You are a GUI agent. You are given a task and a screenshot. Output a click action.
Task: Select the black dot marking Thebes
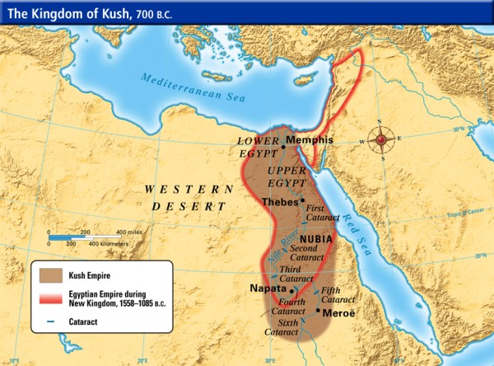click(303, 200)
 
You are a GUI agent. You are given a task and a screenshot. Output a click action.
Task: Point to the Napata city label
click(268, 289)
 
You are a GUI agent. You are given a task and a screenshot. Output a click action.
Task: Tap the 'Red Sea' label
click(363, 214)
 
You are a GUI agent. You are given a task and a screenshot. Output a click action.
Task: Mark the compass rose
click(380, 139)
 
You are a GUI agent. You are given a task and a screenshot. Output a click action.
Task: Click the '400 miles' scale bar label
click(130, 232)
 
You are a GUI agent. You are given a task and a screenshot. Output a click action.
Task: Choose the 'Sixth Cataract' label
click(282, 327)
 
